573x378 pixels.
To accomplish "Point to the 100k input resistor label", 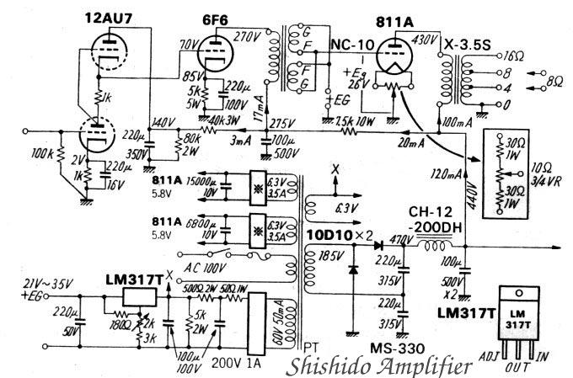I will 41,156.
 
